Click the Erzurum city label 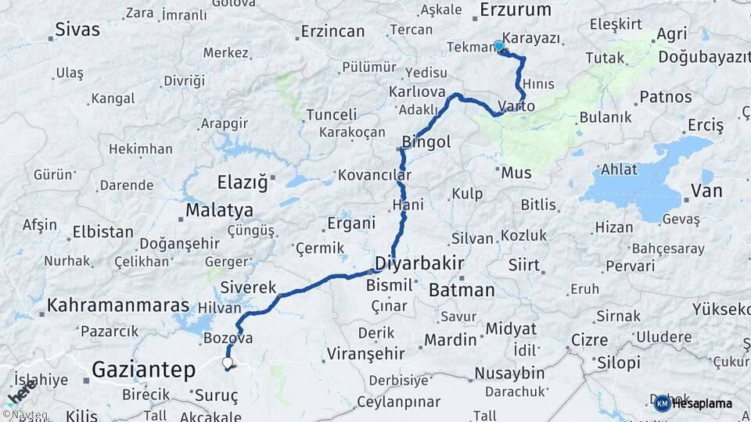516,10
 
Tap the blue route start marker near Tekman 499,45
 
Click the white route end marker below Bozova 227,363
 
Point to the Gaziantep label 142,369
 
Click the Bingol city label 426,142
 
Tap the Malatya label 219,211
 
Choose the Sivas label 78,30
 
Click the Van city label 706,191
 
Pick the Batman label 462,291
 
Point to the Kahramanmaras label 118,306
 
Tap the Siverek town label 248,287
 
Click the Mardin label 451,340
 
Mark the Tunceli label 331,115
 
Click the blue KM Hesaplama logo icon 662,403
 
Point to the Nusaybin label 509,372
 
